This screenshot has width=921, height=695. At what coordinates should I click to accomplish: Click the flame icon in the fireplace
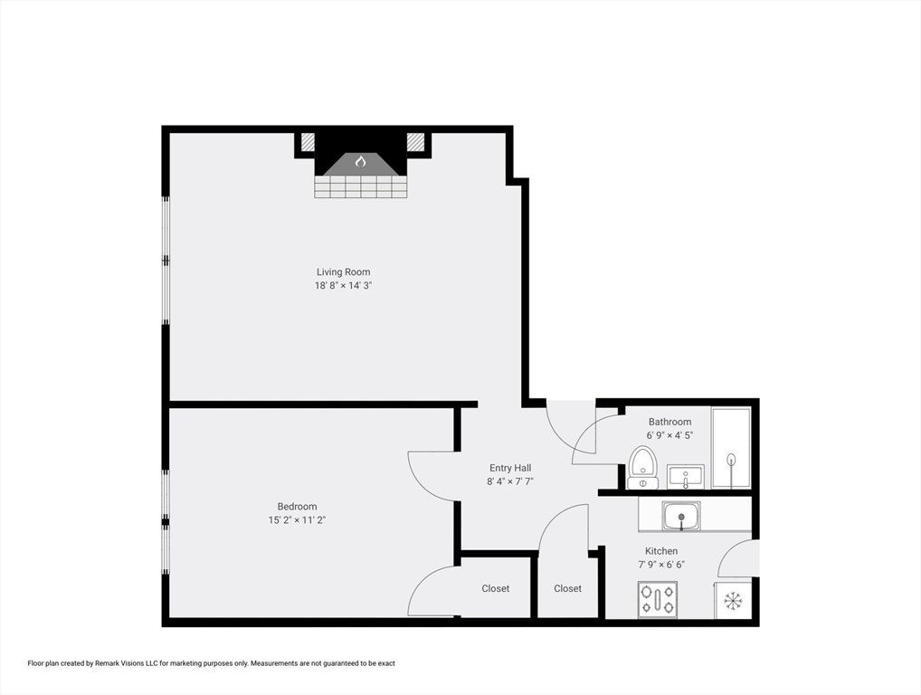click(x=360, y=162)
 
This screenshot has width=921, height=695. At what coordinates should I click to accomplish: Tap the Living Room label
click(x=343, y=272)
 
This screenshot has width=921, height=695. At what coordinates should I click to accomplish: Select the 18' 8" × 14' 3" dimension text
click(x=343, y=286)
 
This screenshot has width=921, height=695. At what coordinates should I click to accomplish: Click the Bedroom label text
click(x=297, y=507)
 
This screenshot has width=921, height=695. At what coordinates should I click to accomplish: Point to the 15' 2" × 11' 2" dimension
click(x=297, y=520)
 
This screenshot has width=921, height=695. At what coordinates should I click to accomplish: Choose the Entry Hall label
click(x=510, y=468)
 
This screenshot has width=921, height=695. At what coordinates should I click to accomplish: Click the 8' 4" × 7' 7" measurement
click(x=510, y=481)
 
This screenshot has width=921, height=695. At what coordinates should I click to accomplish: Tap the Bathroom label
click(x=669, y=422)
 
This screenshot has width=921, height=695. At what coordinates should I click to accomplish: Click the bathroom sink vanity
click(x=686, y=476)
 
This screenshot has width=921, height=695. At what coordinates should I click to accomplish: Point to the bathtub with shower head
click(x=731, y=449)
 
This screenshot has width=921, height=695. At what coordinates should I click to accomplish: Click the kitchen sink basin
click(x=680, y=517)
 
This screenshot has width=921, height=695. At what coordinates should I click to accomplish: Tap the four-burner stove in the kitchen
click(x=658, y=599)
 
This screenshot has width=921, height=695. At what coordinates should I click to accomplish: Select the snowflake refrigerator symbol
click(x=733, y=600)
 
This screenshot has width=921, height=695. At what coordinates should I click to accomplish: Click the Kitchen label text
click(x=661, y=551)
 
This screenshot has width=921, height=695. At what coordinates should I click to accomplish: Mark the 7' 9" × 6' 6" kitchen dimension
click(x=661, y=565)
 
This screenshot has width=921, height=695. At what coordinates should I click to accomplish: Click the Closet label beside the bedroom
click(x=495, y=588)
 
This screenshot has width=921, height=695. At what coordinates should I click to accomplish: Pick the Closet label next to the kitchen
click(x=567, y=588)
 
